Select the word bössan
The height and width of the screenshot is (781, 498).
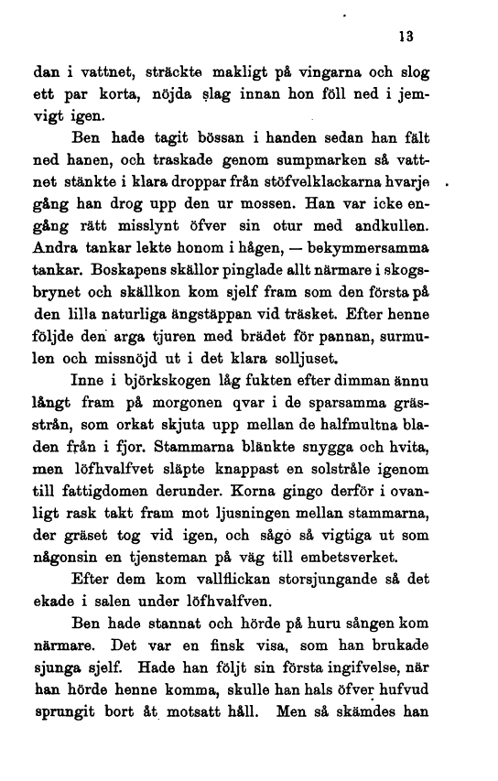tap(215, 140)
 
